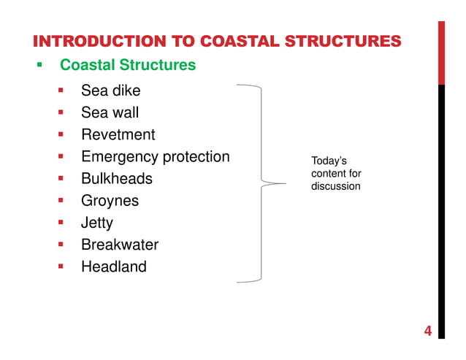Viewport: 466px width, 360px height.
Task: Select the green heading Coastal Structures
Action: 128,65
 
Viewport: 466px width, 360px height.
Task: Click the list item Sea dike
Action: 110,91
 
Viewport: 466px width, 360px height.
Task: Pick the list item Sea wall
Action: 110,113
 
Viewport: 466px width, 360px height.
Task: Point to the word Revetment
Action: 118,135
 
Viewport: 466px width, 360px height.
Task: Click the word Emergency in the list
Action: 120,157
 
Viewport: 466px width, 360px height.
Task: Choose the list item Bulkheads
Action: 117,179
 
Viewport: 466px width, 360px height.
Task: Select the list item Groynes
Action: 110,201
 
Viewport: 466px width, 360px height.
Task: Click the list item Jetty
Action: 97,223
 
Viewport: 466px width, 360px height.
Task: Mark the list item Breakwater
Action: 120,245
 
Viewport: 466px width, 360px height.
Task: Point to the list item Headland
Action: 114,267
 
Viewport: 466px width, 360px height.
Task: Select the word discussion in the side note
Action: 335,186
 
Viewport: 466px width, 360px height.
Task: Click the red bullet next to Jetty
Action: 62,223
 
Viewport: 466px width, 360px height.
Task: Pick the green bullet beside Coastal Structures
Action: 40,65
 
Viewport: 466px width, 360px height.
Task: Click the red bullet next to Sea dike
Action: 62,91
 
